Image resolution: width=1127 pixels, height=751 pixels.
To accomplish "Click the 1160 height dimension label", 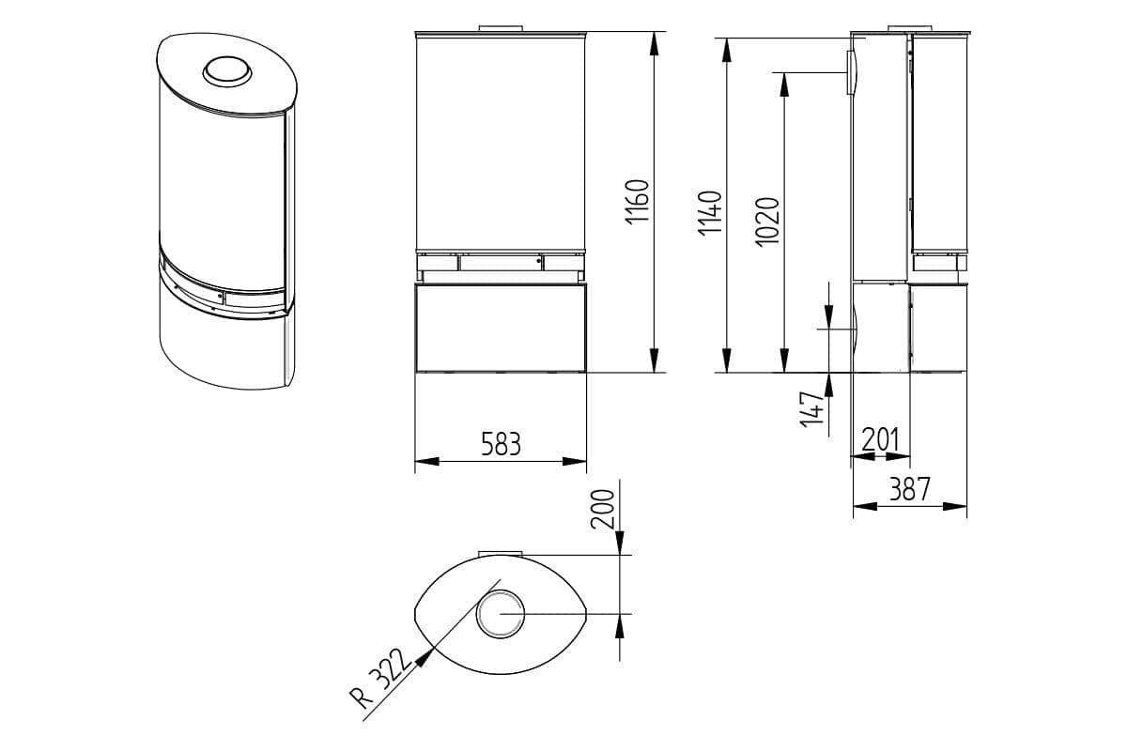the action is click(637, 201).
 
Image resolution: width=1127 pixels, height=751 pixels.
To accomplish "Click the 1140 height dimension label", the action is click(710, 212).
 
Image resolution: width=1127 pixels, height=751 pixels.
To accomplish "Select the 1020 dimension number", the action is click(768, 222).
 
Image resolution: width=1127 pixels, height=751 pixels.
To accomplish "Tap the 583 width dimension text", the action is click(502, 443).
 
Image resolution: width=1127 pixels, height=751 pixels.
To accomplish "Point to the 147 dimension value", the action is click(812, 409).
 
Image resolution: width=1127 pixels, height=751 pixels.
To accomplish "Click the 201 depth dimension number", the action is click(880, 439).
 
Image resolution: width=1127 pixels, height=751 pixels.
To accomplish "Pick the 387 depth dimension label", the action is click(910, 488).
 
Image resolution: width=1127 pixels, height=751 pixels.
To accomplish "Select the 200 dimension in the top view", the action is click(602, 509).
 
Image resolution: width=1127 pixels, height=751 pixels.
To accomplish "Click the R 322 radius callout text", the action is click(380, 679).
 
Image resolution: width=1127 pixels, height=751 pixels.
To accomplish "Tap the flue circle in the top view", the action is click(500, 614).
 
